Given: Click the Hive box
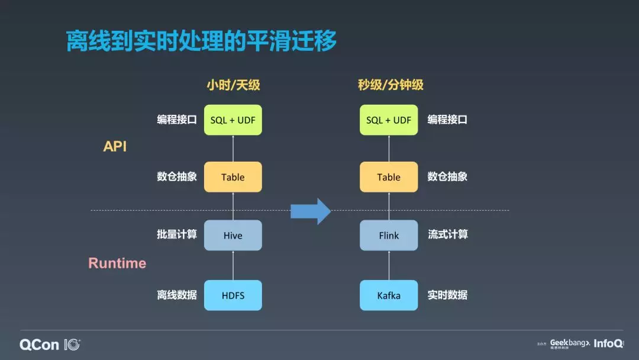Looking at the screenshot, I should click(x=233, y=235).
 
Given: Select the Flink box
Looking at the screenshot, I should click(x=389, y=235).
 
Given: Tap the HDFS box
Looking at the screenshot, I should click(x=233, y=295).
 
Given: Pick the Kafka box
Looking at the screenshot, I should click(x=389, y=295).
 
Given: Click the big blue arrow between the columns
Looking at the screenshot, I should click(x=311, y=211).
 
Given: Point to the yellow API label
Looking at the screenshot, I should click(x=115, y=146).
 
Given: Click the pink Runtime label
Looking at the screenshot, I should click(x=117, y=263).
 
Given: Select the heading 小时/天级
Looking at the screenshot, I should click(x=233, y=85).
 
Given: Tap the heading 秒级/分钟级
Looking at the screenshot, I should click(x=390, y=85).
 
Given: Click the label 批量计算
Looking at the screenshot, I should click(x=177, y=234).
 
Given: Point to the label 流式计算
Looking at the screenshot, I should click(x=447, y=234).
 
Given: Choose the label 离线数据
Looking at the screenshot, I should click(x=177, y=294).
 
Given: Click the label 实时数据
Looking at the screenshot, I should click(x=447, y=294).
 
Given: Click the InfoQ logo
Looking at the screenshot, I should click(x=608, y=343).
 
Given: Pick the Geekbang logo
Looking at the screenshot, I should click(x=569, y=343).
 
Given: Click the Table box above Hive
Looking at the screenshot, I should click(x=233, y=177).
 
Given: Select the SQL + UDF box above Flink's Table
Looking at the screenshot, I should click(x=389, y=120).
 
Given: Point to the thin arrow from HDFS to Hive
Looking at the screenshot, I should click(x=233, y=265).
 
